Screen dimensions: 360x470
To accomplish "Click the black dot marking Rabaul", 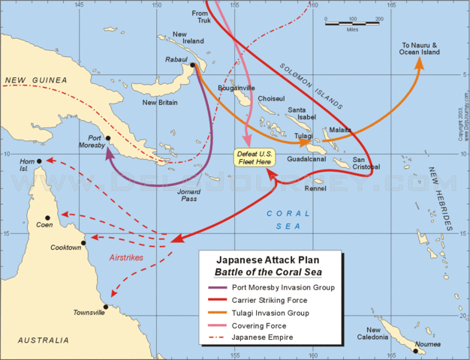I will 193,65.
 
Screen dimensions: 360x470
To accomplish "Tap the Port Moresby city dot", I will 108,138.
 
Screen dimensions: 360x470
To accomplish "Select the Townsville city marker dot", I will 106,307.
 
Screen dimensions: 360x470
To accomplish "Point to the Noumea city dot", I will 415,350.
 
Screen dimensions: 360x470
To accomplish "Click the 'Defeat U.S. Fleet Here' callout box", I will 255,157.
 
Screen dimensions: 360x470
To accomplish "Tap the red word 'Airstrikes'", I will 127,256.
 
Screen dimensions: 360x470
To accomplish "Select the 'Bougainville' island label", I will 237,87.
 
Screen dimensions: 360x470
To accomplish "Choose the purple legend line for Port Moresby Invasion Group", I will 220,287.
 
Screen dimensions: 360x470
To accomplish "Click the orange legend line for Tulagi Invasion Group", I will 220,313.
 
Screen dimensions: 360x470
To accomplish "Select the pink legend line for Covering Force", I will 220,326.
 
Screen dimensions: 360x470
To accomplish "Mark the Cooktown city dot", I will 83,242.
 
